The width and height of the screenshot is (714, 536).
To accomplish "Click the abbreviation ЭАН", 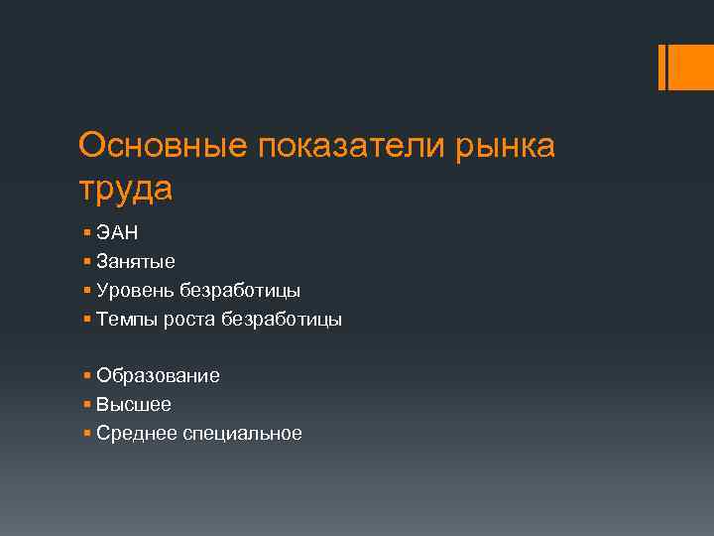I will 118,233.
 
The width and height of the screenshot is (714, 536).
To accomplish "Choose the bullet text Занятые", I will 136,262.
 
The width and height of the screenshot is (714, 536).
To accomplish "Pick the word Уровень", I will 135,291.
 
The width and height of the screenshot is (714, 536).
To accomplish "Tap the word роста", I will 189,320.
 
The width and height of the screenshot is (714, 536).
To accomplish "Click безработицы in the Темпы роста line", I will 282,320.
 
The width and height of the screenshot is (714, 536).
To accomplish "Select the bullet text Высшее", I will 134,405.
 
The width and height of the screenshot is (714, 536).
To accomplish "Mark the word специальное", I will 242,434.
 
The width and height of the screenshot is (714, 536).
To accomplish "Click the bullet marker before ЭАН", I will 88,233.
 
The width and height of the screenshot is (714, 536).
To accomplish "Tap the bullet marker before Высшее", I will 88,405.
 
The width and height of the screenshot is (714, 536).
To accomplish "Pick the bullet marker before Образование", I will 88,376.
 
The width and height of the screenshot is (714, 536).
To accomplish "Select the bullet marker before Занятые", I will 88,262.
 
